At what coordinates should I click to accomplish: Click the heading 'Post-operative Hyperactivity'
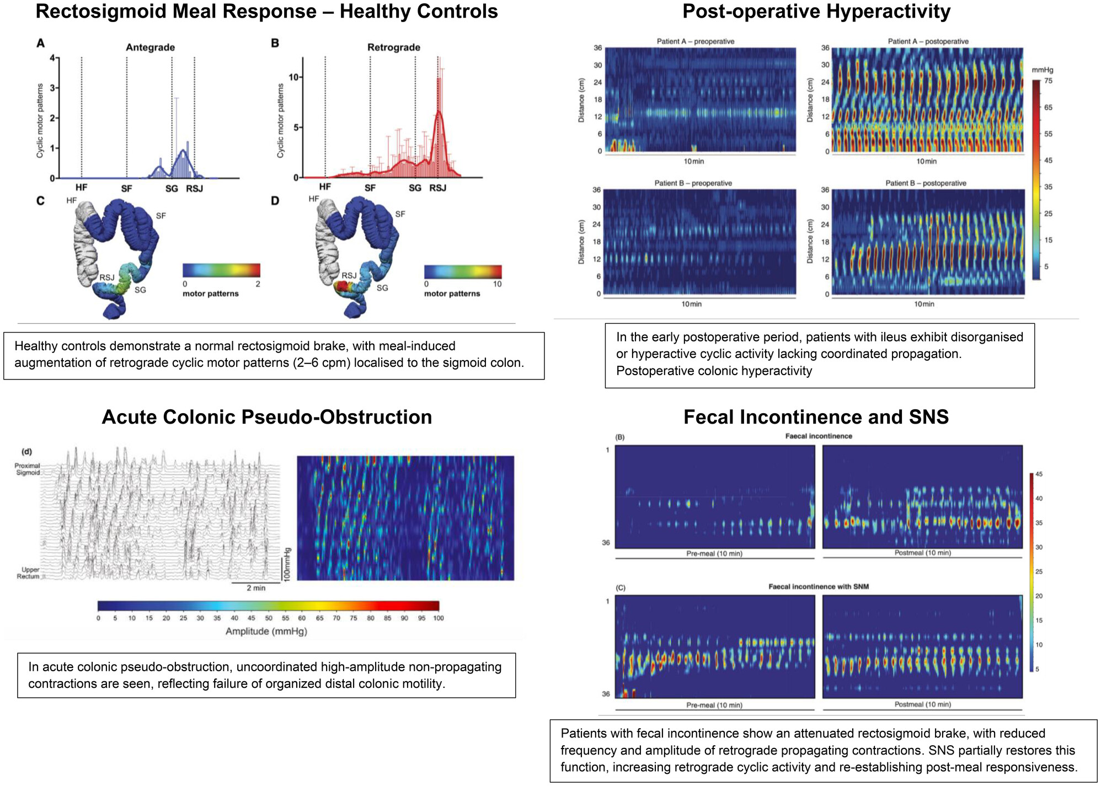tap(816, 12)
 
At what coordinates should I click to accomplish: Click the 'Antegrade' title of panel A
tap(150, 47)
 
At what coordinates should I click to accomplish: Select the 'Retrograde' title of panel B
tap(393, 47)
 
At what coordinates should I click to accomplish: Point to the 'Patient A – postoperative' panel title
tap(928, 41)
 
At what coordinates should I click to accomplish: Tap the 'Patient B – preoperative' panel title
tap(694, 183)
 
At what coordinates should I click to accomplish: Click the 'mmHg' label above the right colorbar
tap(1042, 70)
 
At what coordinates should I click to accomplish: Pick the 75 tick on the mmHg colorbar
tap(1048, 81)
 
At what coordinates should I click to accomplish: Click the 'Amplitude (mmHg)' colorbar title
tap(266, 631)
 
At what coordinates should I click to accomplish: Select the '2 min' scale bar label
tap(256, 588)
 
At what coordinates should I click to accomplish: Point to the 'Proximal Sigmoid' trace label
tap(28, 469)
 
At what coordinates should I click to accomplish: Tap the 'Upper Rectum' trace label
tap(29, 573)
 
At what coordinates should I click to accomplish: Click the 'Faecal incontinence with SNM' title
tap(818, 586)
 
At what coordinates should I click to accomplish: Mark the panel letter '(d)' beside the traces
tap(26, 452)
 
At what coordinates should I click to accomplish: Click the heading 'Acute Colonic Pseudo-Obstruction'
tap(266, 417)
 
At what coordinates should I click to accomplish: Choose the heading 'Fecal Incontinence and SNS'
tap(816, 417)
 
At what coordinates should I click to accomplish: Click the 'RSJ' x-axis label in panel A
tap(194, 189)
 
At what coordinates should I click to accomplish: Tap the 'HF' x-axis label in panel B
tap(325, 187)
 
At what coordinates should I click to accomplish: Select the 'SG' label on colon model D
tap(382, 288)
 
